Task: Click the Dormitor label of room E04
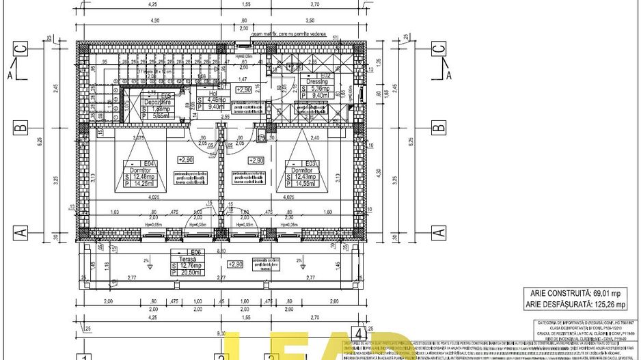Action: click(150, 170)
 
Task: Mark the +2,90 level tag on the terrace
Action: click(234, 264)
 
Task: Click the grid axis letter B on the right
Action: click(438, 127)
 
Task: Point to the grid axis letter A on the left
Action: click(22, 232)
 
